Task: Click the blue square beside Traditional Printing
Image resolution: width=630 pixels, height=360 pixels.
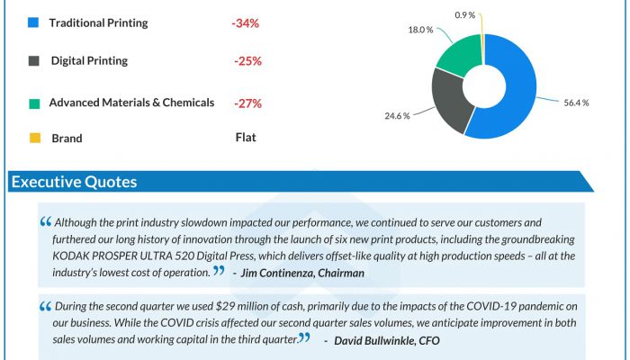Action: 33,22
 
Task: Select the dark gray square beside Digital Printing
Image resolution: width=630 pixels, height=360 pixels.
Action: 33,61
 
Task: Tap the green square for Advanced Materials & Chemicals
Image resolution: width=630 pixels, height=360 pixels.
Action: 33,103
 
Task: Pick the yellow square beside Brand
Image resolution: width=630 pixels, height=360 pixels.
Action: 33,139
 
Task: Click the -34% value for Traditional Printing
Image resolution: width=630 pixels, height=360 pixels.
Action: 246,22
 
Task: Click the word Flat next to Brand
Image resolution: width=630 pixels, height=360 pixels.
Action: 246,138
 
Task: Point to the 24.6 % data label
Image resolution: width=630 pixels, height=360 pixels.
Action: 396,115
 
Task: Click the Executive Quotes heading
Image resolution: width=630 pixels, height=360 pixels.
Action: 74,183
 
